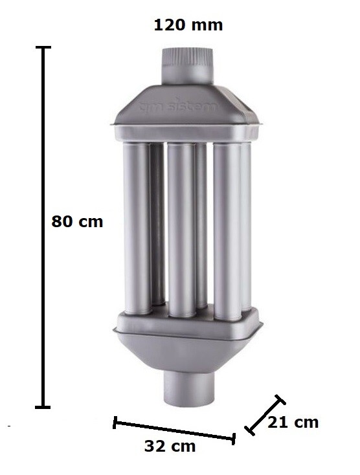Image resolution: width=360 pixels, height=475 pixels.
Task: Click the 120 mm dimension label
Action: click(188, 26)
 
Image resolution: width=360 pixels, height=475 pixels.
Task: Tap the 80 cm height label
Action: click(77, 221)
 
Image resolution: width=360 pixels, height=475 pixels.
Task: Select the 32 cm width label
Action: click(169, 447)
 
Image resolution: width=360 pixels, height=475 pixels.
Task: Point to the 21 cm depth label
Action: click(293, 423)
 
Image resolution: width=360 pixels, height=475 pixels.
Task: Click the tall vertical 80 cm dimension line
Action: click(43, 226)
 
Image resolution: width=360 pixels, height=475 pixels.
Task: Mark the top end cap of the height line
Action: click(43, 48)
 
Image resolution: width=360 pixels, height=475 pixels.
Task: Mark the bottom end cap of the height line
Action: click(43, 406)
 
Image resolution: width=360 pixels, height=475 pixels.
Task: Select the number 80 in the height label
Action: click(64, 221)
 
